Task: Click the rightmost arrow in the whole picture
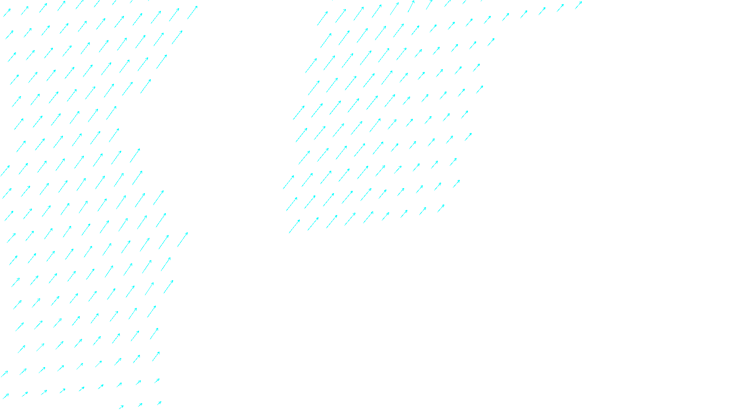(x=579, y=5)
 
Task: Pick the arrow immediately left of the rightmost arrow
(x=560, y=7)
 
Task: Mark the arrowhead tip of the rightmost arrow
(x=582, y=2)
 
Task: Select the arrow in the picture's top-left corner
(x=7, y=13)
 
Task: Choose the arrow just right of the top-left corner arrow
(x=25, y=10)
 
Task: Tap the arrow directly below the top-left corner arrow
(x=10, y=35)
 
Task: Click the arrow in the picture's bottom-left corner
(x=5, y=396)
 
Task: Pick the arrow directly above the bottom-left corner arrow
(x=5, y=374)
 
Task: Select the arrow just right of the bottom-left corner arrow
(x=25, y=394)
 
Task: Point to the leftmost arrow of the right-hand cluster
(x=288, y=182)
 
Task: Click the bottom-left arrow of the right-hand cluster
(x=294, y=226)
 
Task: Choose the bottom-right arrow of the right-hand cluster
(x=441, y=208)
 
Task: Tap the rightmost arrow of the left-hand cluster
(x=193, y=12)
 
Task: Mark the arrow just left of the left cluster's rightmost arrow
(x=174, y=15)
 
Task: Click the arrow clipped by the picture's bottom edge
(x=121, y=407)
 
